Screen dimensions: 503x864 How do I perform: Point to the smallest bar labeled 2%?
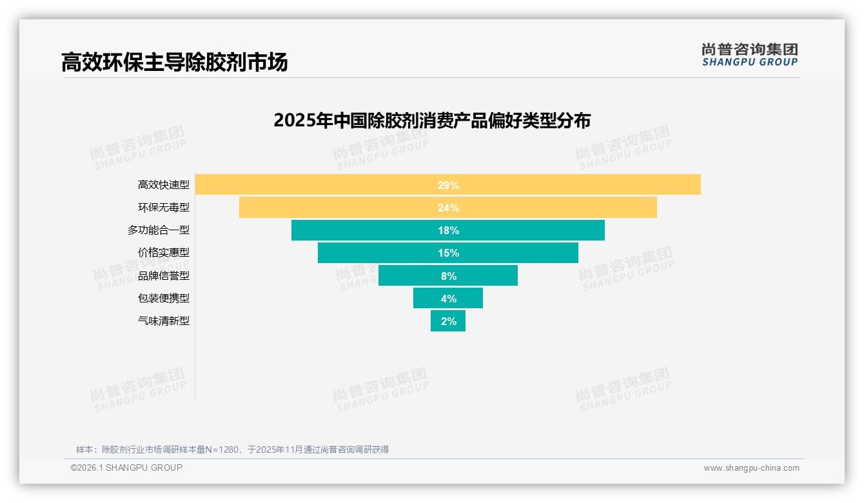pos(448,321)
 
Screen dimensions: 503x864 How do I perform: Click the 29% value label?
pos(448,185)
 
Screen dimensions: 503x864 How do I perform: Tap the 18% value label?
pos(448,230)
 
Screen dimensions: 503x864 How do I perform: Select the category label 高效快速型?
pos(164,185)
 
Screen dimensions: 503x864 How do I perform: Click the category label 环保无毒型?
pos(164,208)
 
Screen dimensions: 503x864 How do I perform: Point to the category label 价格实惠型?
pos(164,253)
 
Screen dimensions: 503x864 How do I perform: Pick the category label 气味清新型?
pos(164,321)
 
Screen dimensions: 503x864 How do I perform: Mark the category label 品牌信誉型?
pos(164,275)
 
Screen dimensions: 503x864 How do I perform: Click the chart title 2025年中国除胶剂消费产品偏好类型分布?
pos(432,121)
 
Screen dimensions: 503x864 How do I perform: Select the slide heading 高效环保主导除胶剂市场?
pos(174,63)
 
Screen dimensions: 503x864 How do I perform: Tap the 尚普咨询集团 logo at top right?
pos(749,54)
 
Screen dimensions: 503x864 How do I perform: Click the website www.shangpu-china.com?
pos(751,468)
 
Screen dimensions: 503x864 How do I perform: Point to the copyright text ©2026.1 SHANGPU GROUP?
pos(126,468)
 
